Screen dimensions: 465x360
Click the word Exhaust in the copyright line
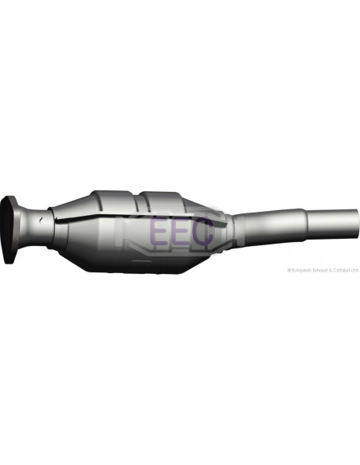point(320,270)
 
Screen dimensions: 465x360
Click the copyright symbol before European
point(289,270)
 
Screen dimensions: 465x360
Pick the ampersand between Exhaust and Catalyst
point(331,270)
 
